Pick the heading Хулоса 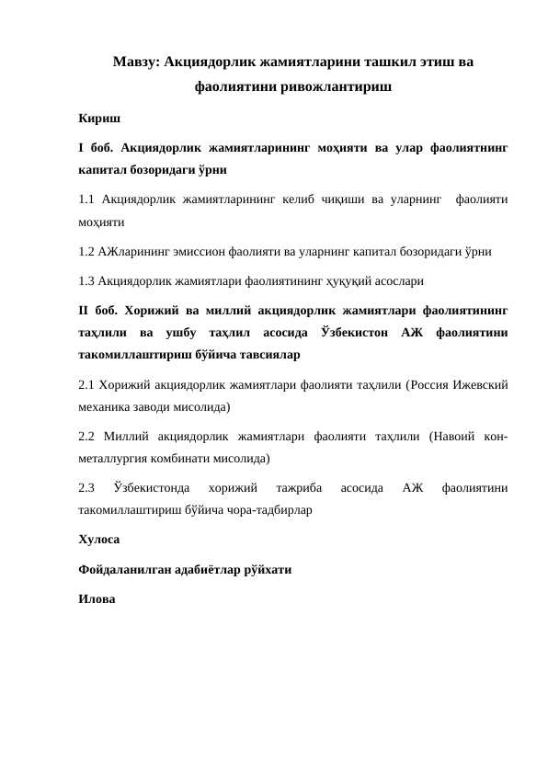[100, 536]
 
